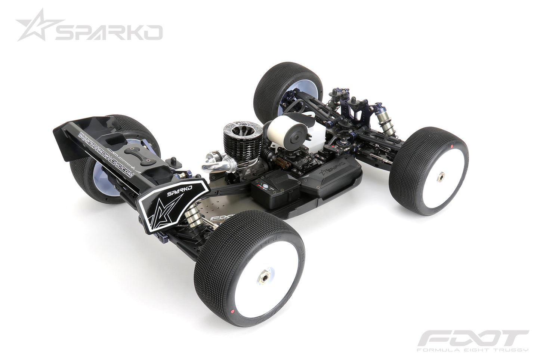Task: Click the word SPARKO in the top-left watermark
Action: (x=108, y=33)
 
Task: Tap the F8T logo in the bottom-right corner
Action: (x=472, y=340)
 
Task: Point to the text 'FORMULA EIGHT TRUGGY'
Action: (x=472, y=351)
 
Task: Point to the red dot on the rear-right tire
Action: (x=232, y=311)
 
